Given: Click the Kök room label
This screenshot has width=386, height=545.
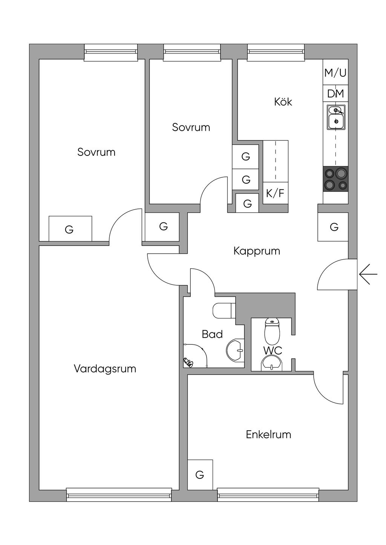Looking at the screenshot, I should pyautogui.click(x=283, y=102).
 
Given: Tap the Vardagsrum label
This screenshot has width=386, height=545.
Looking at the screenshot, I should pyautogui.click(x=105, y=368).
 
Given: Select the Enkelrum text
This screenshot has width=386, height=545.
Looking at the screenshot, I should pyautogui.click(x=268, y=435).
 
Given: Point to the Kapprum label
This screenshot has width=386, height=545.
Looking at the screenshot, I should pyautogui.click(x=257, y=251).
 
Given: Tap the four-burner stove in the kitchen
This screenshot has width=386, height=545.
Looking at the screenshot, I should pyautogui.click(x=335, y=179).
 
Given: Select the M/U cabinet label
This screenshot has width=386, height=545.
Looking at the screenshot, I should pyautogui.click(x=335, y=73).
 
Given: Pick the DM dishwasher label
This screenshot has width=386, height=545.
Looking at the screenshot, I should pyautogui.click(x=335, y=94).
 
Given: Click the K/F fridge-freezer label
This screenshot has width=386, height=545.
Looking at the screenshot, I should pyautogui.click(x=275, y=193).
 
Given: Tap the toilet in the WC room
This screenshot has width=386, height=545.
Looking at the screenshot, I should pyautogui.click(x=272, y=330).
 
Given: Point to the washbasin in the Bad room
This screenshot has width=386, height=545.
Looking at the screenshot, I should pyautogui.click(x=236, y=350).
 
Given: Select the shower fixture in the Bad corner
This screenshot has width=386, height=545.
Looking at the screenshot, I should pyautogui.click(x=187, y=362).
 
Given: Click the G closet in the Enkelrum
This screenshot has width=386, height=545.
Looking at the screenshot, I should pyautogui.click(x=200, y=475).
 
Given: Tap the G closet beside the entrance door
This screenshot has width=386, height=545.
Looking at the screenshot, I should pyautogui.click(x=334, y=227).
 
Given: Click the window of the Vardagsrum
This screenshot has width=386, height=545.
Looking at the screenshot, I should pyautogui.click(x=119, y=495).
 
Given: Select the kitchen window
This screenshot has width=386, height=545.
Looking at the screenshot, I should pyautogui.click(x=276, y=52).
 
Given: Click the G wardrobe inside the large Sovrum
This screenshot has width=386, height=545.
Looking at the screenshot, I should pyautogui.click(x=70, y=229).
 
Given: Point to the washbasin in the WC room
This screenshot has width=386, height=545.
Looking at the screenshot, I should pyautogui.click(x=271, y=364).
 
